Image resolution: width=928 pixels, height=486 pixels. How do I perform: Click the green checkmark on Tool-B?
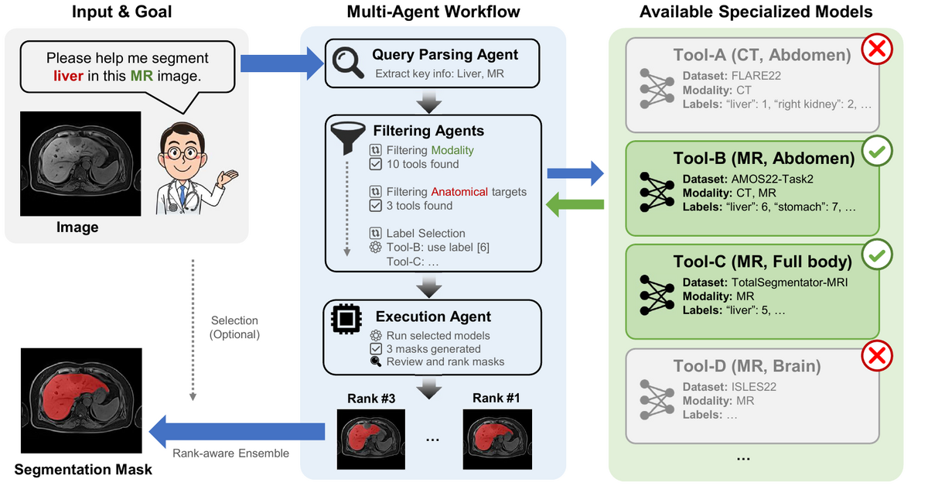[877, 152]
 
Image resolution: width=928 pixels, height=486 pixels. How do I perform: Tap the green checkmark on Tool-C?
[877, 254]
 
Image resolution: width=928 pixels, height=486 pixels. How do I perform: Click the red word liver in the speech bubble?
[68, 76]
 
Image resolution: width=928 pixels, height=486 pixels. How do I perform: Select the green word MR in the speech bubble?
[142, 76]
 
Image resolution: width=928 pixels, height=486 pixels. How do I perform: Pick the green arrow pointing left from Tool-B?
[575, 204]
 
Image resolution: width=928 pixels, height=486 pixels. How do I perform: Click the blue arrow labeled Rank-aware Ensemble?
[236, 430]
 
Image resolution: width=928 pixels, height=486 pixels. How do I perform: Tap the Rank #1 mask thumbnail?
[495, 439]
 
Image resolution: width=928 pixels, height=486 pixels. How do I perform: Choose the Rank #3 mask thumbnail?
[371, 439]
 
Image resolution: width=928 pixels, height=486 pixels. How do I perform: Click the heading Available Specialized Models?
[756, 12]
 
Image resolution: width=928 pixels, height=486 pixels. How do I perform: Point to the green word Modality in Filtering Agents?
[452, 150]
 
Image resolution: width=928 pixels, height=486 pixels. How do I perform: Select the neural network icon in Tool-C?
[655, 293]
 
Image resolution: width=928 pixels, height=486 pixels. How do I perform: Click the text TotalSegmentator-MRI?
[788, 282]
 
